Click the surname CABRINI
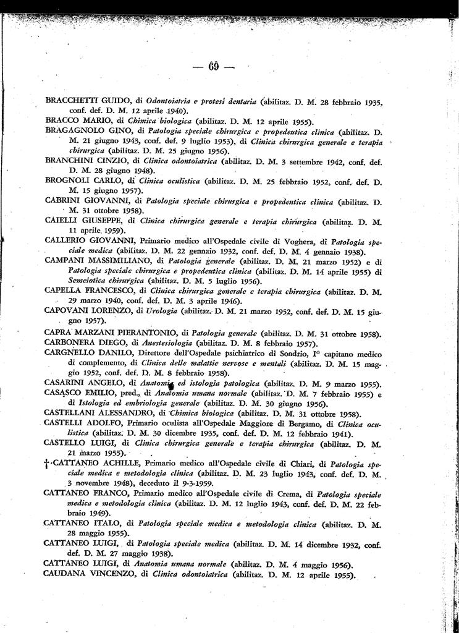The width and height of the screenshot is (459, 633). click(x=66, y=201)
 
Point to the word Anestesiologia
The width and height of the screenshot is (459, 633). click(x=168, y=343)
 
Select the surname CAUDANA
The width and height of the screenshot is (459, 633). click(x=67, y=574)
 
